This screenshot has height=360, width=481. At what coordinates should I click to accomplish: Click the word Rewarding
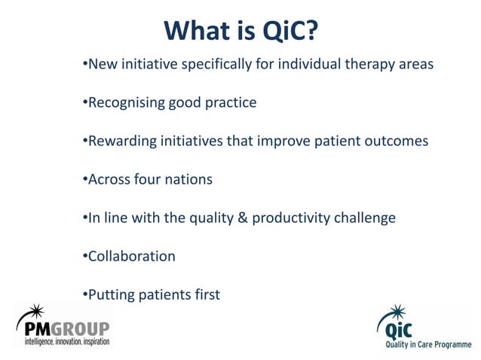pyautogui.click(x=121, y=141)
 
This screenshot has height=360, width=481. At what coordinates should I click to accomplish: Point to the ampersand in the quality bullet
pyautogui.click(x=242, y=218)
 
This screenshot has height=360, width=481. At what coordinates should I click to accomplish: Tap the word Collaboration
pyautogui.click(x=131, y=256)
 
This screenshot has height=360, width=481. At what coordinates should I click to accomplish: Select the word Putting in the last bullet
pyautogui.click(x=110, y=295)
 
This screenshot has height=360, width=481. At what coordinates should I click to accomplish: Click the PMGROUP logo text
pyautogui.click(x=63, y=329)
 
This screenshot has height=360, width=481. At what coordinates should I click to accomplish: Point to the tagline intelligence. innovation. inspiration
pyautogui.click(x=63, y=343)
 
